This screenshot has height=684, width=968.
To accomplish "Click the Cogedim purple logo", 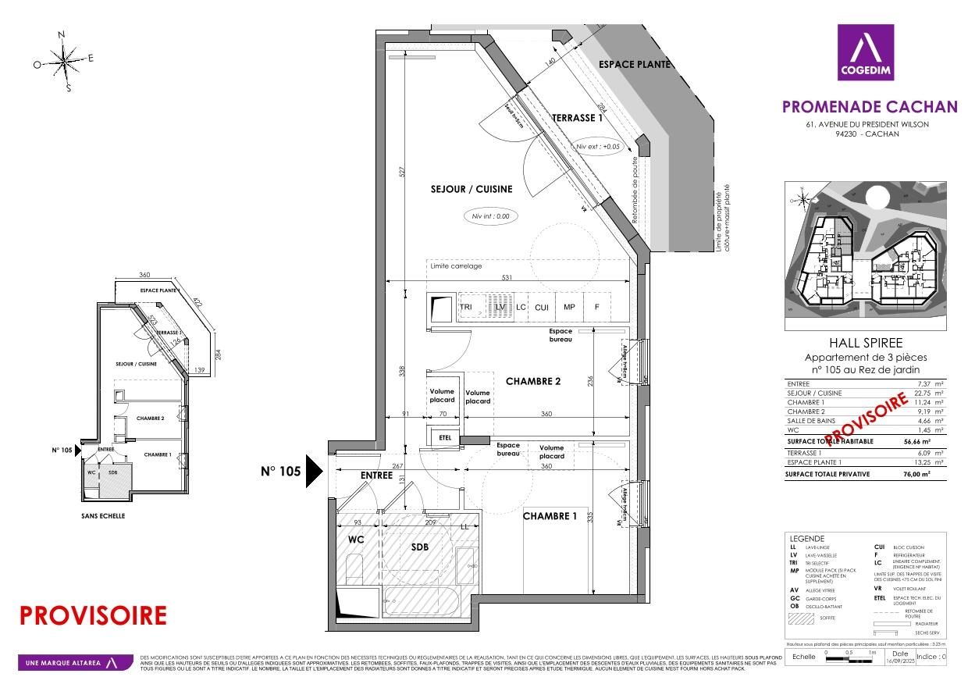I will (865, 52).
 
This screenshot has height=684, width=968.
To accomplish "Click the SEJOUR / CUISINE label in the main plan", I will (471, 189).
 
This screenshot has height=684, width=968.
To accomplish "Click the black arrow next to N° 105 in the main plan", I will (313, 471).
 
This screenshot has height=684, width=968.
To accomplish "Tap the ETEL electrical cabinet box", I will (445, 438).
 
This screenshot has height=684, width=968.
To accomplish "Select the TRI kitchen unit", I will (466, 308).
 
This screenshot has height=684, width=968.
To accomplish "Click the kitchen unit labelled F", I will (597, 308).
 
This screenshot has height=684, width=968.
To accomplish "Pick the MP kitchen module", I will (569, 308).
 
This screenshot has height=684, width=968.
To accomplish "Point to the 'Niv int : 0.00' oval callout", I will (490, 216).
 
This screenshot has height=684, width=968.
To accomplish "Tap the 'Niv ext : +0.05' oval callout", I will (598, 146).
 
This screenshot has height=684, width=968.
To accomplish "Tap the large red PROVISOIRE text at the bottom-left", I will (93, 615).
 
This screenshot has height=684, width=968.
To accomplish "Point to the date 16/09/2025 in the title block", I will (899, 661).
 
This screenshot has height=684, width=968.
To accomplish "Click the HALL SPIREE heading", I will (864, 343).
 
